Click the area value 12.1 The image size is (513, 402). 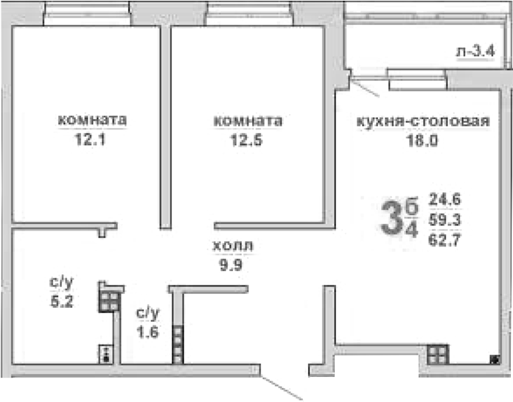point(91,138)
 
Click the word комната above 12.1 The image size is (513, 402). point(91,121)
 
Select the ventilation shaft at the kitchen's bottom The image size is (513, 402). point(436,353)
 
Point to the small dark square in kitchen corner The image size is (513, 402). point(492,359)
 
